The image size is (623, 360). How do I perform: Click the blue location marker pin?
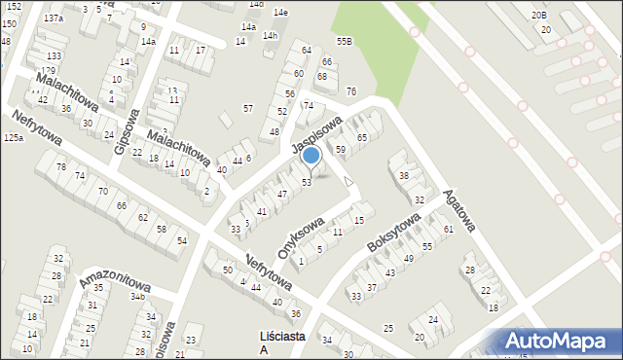(x=311, y=156)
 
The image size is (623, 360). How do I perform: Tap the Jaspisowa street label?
(x=316, y=136)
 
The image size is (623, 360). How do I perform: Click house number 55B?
(x=344, y=41)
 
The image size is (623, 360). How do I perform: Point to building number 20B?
(x=539, y=16)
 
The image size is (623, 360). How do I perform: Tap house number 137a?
(x=54, y=18)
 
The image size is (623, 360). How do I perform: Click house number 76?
(x=350, y=91)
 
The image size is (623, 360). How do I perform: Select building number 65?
(x=362, y=138)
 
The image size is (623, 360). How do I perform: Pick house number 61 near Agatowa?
(x=449, y=230)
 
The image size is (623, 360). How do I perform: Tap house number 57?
(x=248, y=108)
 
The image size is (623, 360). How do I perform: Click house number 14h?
(x=270, y=36)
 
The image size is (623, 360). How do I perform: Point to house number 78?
(x=61, y=167)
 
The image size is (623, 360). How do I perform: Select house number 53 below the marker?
(x=306, y=182)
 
